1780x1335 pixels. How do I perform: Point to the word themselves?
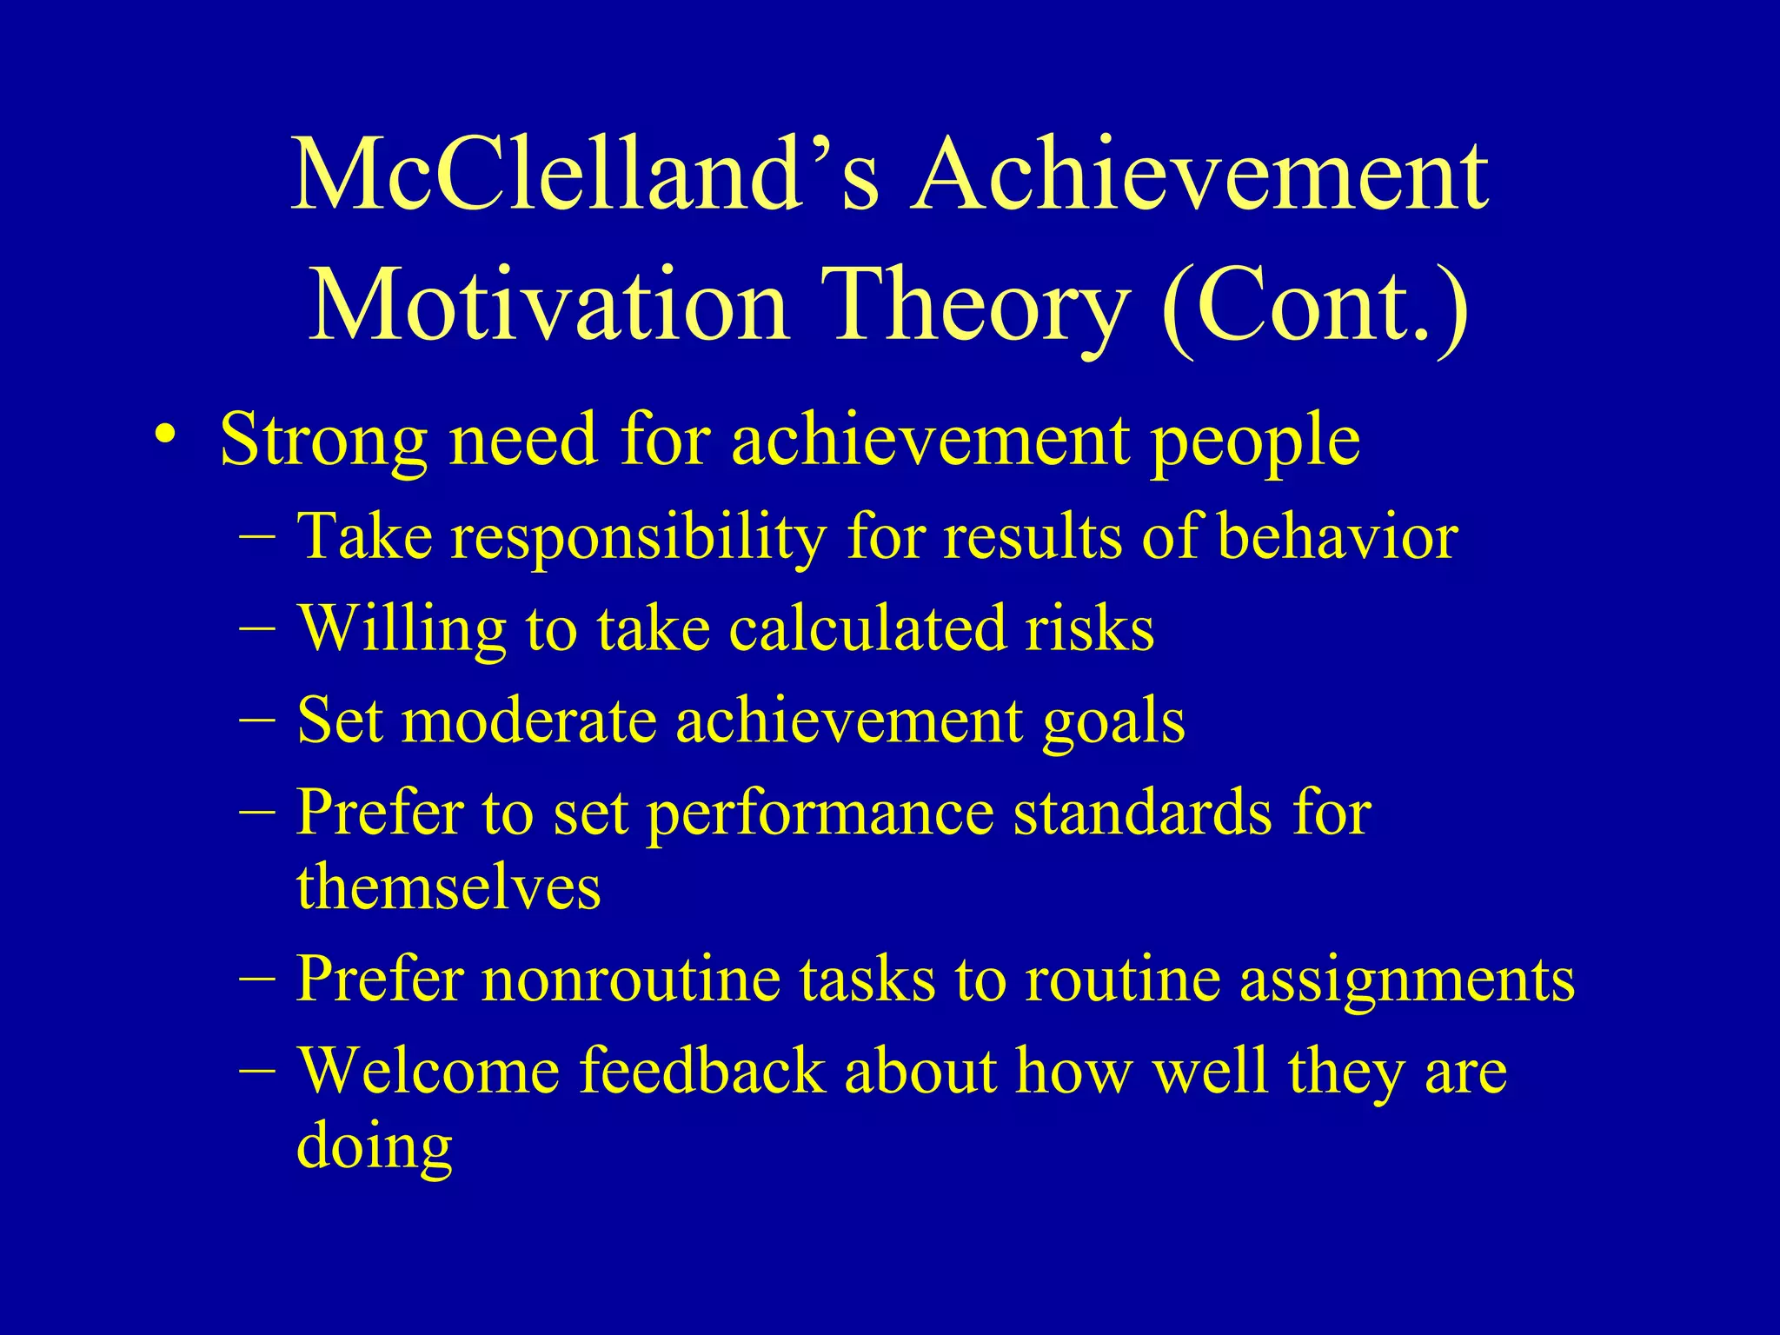[448, 888]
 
